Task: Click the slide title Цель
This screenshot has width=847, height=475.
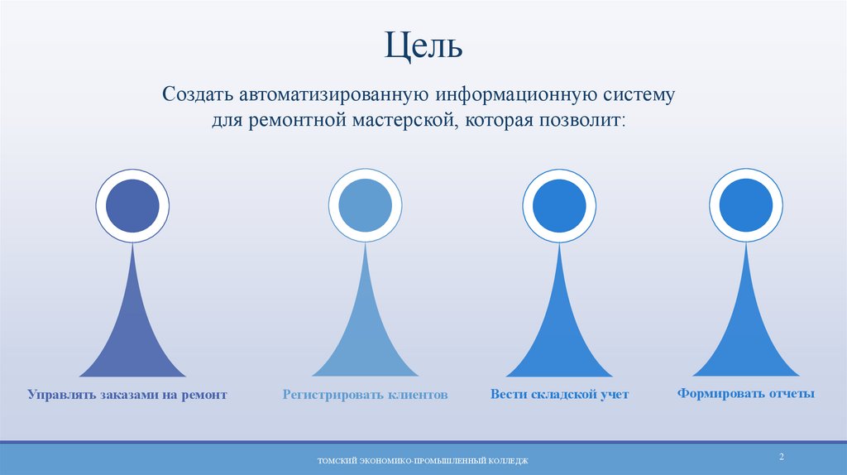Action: (x=423, y=45)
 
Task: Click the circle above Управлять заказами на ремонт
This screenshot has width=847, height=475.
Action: (x=132, y=206)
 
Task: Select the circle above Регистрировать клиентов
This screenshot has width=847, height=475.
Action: (x=365, y=206)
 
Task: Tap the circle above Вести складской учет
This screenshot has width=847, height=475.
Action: (x=559, y=206)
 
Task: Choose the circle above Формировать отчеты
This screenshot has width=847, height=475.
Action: (x=746, y=206)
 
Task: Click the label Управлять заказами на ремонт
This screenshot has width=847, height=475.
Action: (x=127, y=396)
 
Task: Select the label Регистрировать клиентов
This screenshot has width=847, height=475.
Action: (x=365, y=396)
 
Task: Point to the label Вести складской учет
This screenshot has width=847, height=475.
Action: (x=559, y=396)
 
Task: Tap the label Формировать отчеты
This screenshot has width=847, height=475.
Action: (x=746, y=394)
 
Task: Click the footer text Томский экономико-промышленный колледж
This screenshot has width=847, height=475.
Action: (x=423, y=460)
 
